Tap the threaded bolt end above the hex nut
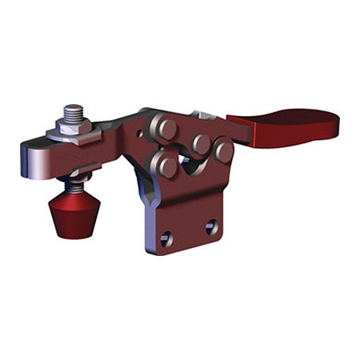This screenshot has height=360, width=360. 74,111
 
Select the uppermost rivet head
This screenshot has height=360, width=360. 166,129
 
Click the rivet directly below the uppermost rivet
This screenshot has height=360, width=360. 166,166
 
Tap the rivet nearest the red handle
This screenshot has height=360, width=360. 224,150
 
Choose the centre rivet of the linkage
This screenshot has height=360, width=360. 200,144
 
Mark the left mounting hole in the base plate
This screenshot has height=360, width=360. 167,237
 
